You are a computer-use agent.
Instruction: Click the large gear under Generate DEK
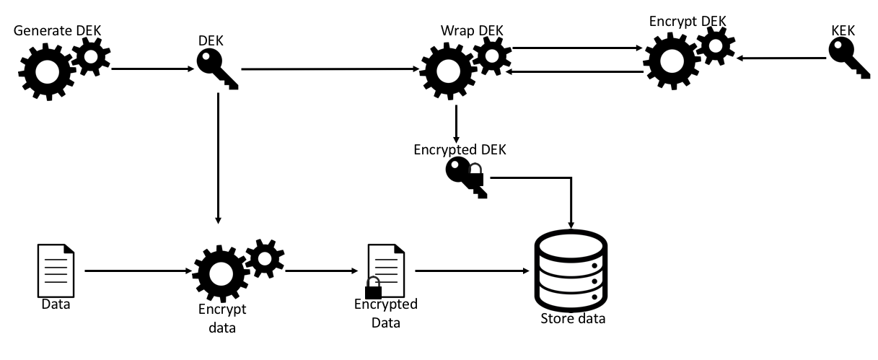pyautogui.click(x=45, y=72)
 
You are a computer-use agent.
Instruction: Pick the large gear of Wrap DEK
pyautogui.click(x=447, y=72)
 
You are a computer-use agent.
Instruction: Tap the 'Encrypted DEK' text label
pyautogui.click(x=460, y=150)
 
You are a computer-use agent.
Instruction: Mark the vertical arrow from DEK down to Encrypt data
pyautogui.click(x=217, y=159)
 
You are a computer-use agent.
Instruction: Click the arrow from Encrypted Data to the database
pyautogui.click(x=469, y=272)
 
